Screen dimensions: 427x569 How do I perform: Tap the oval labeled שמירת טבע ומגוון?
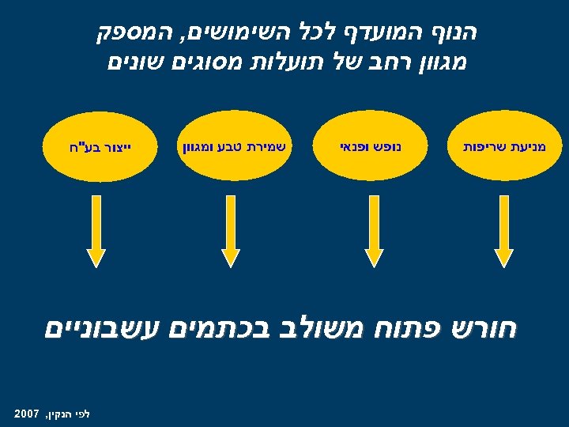(229, 146)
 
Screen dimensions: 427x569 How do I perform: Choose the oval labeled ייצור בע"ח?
(95, 146)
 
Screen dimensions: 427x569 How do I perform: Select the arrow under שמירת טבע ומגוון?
(230, 230)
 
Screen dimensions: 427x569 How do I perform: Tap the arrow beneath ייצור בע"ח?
(96, 230)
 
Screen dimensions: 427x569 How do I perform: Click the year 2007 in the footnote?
(28, 413)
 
